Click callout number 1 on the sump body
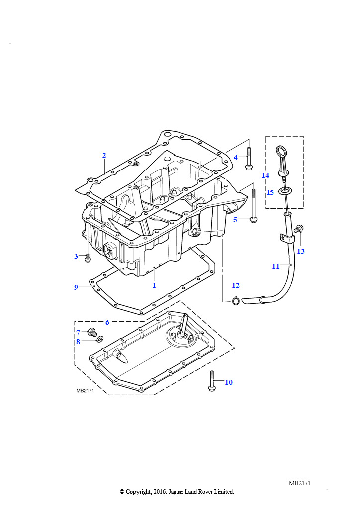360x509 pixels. (x=154, y=285)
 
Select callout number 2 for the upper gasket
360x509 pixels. (x=104, y=155)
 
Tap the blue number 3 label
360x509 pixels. (x=76, y=256)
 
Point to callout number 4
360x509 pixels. (x=236, y=157)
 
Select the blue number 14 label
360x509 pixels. (x=265, y=175)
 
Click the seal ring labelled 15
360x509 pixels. (x=285, y=191)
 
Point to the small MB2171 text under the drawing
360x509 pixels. (x=85, y=391)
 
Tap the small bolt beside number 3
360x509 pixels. (x=88, y=258)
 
